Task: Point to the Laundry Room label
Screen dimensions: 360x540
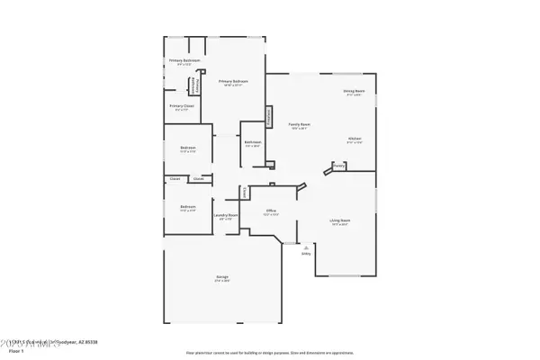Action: click(225, 215)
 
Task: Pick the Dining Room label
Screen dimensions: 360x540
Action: click(353, 91)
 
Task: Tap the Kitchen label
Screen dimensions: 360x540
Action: click(355, 139)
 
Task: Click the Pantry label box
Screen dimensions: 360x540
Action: click(339, 166)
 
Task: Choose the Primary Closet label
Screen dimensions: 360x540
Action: click(181, 106)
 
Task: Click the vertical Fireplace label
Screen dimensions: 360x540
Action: click(267, 117)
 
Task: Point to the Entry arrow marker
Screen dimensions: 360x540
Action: click(305, 245)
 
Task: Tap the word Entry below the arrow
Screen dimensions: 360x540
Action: click(305, 254)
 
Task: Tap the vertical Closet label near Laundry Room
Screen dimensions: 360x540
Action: click(244, 191)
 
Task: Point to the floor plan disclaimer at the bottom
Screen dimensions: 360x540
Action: click(269, 353)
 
